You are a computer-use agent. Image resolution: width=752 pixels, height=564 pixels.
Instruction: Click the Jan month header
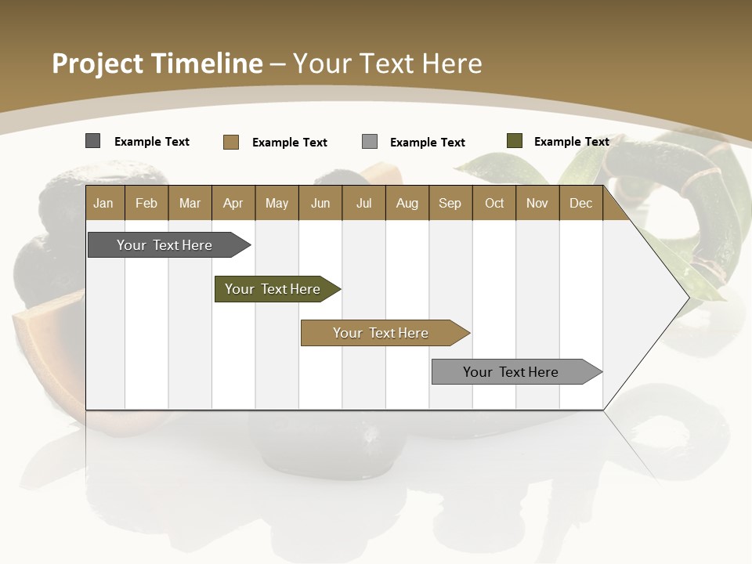coord(103,203)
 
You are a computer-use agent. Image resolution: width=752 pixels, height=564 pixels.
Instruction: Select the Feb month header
coord(146,203)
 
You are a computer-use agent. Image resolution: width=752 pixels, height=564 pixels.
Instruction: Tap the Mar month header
coord(190,203)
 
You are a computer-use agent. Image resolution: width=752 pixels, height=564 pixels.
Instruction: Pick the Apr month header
coord(233,203)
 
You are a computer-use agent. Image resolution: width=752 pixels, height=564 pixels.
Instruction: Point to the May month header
coord(277,203)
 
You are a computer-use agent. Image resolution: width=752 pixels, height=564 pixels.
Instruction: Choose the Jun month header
coord(320,203)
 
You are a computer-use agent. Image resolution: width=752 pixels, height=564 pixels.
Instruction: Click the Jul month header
coord(363,203)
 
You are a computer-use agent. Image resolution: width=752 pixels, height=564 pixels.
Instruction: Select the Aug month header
coord(407,203)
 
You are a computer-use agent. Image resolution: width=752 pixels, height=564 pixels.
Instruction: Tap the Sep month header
coord(450,203)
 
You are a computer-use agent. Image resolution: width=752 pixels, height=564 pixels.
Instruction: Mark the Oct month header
coord(494,203)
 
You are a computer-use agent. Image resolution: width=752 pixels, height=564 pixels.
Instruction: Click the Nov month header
coord(537,203)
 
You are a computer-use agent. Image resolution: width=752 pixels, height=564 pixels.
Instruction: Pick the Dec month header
coord(580,203)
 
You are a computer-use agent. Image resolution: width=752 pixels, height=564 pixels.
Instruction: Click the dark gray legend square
coord(92,141)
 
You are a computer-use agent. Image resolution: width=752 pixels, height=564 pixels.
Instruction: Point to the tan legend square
coord(230,142)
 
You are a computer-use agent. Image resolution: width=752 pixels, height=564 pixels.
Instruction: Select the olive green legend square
coord(514,141)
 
